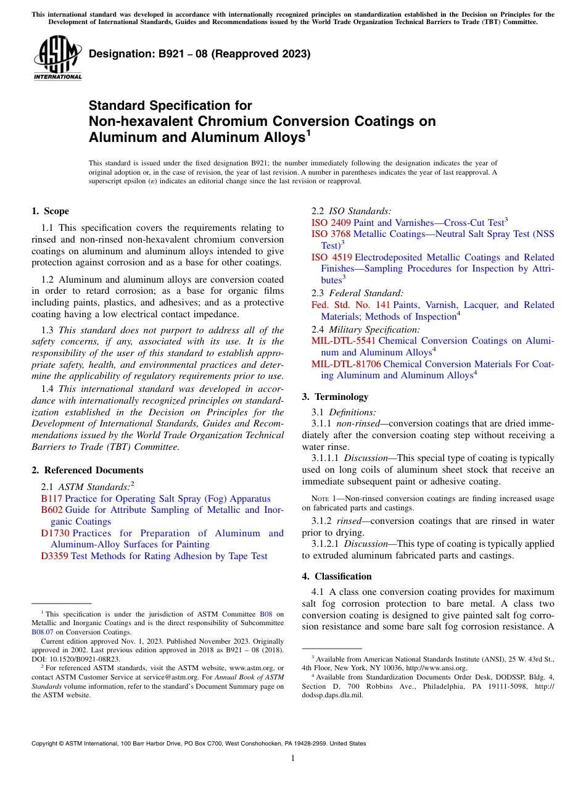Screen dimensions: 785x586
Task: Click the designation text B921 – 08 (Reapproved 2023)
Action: (x=199, y=54)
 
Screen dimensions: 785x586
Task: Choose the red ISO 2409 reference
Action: (x=331, y=222)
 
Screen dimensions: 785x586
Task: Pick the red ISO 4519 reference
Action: (x=331, y=257)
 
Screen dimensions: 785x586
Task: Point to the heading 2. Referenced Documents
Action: (x=88, y=470)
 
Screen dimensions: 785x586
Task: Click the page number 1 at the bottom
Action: (x=293, y=758)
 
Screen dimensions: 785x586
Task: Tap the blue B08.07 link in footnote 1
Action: (x=42, y=632)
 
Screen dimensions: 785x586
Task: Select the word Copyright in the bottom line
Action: (x=46, y=744)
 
